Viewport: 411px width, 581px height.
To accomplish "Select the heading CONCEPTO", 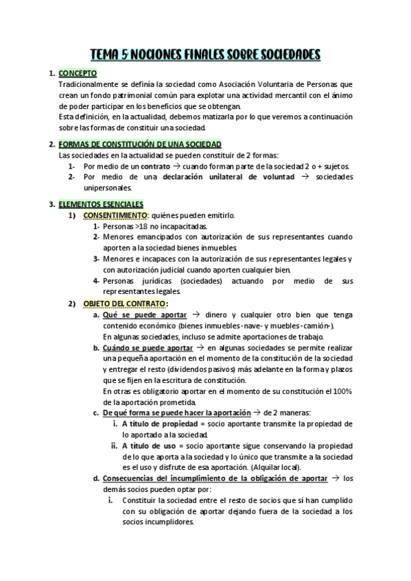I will (x=78, y=73).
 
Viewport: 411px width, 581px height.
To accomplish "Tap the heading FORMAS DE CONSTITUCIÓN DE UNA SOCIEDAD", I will (x=140, y=145).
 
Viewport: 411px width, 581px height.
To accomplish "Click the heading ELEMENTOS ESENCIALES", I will (x=101, y=204).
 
